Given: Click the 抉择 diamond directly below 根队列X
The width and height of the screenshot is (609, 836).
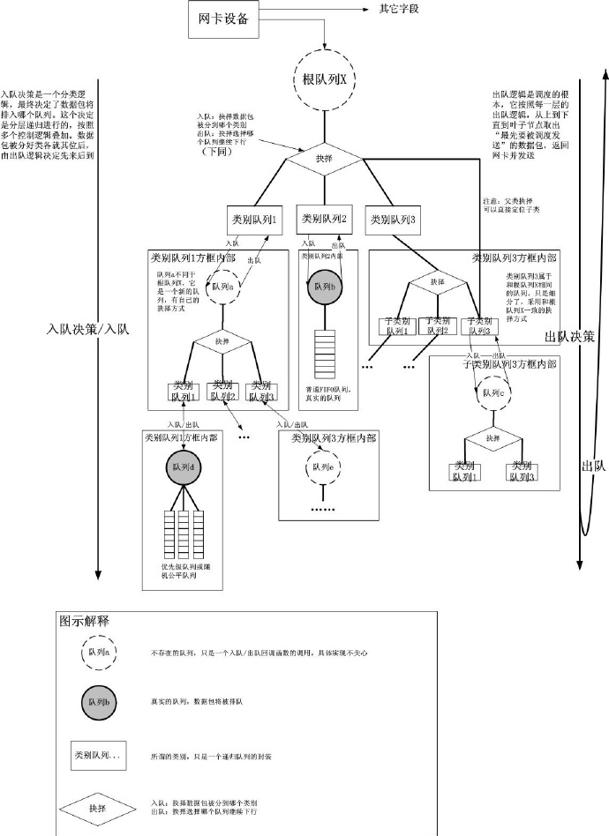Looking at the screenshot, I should point(324,160).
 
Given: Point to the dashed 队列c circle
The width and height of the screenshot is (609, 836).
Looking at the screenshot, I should point(493,393).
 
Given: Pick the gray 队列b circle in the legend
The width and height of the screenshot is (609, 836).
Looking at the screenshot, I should point(97,702).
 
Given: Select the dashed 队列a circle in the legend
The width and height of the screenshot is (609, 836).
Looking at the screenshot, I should point(97,653).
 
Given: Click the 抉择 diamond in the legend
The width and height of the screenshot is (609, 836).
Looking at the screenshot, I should point(97,807).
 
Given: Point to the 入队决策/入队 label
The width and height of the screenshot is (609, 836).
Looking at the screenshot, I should point(87,330).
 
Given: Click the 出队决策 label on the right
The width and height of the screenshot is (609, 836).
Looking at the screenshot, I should point(569,337).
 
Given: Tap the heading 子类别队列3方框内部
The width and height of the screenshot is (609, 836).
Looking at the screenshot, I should point(504,364).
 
